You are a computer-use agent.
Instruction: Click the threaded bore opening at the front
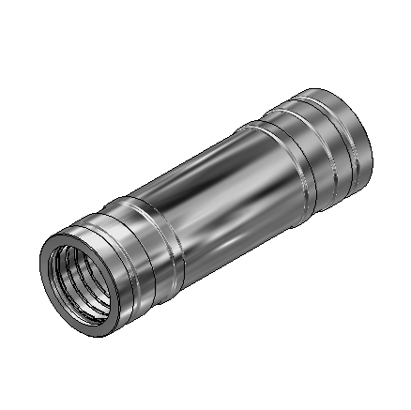click(x=83, y=279)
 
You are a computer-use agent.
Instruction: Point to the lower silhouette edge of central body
click(x=235, y=258)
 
